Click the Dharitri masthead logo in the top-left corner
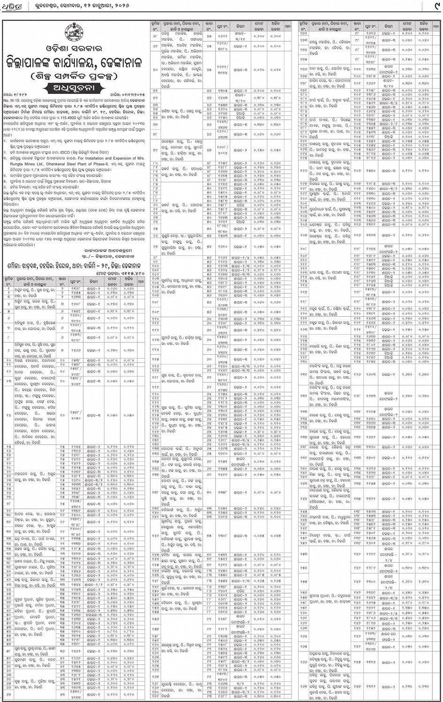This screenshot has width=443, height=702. pos(10,7)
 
